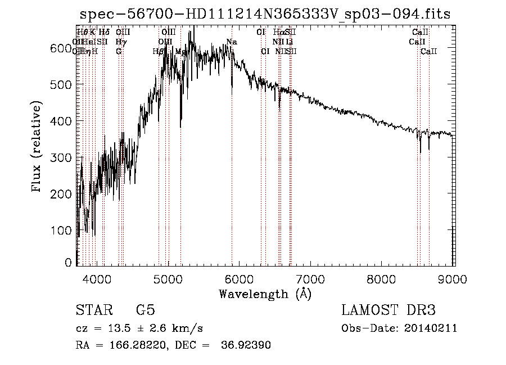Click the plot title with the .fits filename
[x=265, y=14]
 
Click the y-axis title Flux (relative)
[x=37, y=148]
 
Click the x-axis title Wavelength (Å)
[x=265, y=294]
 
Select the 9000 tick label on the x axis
[x=453, y=280]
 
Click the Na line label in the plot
[x=232, y=42]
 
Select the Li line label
[x=289, y=42]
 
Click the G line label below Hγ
[x=119, y=51]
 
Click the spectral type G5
[x=145, y=311]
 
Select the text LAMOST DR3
[x=388, y=311]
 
